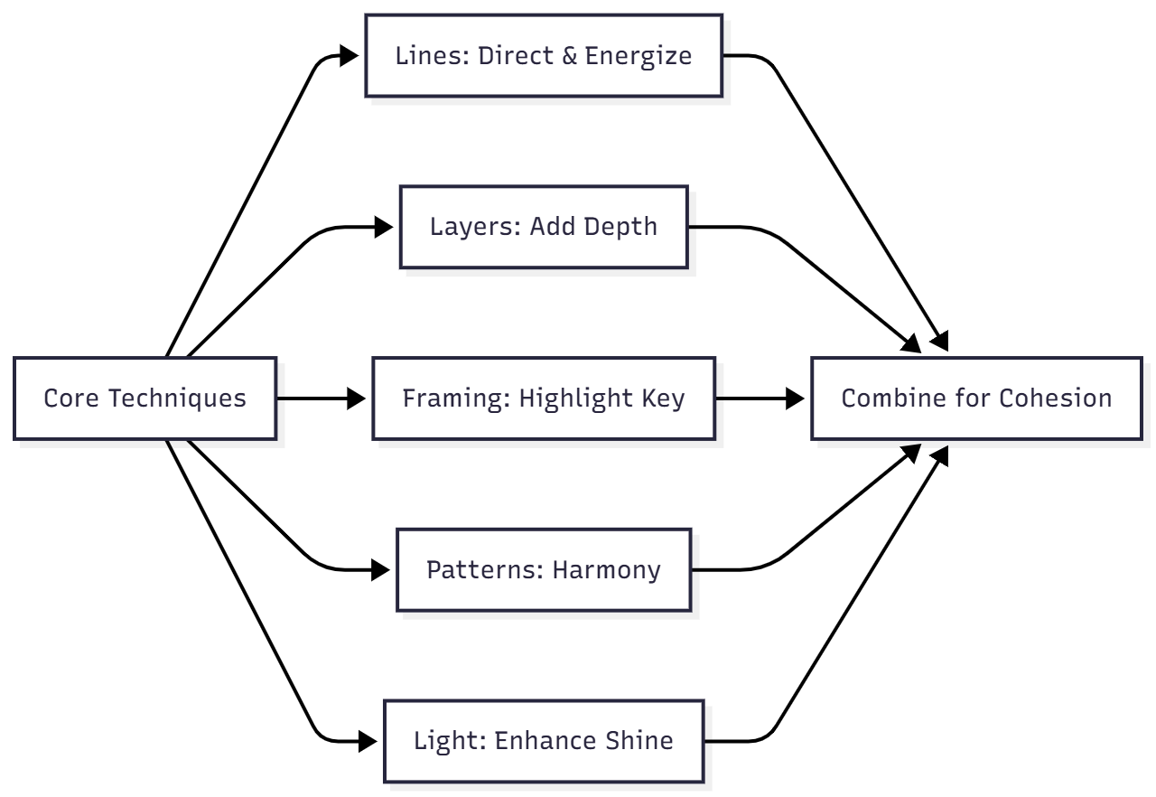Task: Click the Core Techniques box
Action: (144, 398)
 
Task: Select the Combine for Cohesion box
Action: (976, 398)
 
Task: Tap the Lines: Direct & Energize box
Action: (544, 55)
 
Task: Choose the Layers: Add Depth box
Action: (544, 227)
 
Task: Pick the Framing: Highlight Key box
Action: (544, 398)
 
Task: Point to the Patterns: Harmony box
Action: (544, 570)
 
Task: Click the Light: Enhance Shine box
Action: (544, 742)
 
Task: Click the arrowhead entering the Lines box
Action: (350, 56)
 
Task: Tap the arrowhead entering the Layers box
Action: (385, 227)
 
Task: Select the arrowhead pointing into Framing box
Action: (358, 398)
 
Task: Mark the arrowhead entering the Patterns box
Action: (381, 570)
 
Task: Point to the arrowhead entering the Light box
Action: (368, 742)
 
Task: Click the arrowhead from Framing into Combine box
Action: (796, 398)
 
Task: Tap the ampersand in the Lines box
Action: (568, 55)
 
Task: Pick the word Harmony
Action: (606, 570)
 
